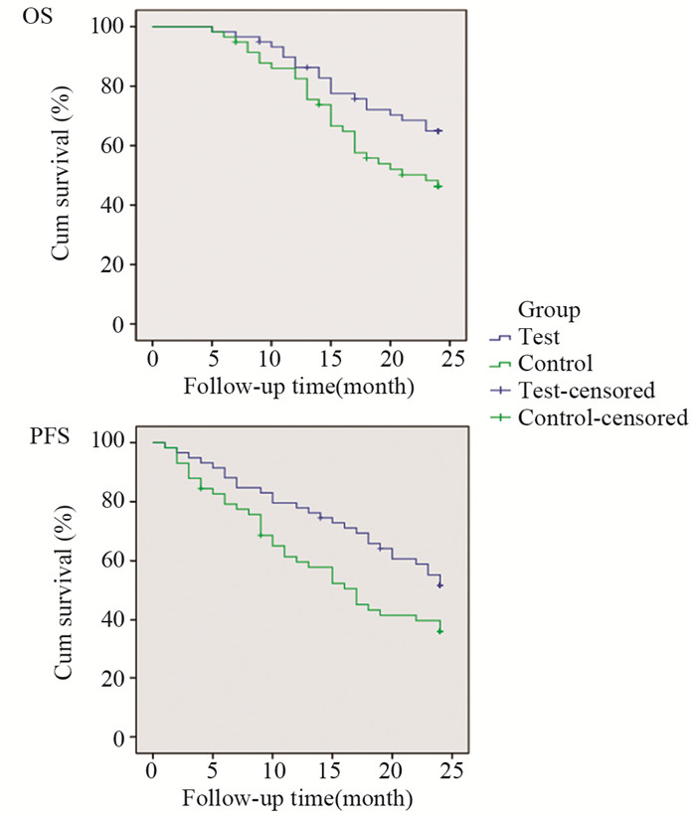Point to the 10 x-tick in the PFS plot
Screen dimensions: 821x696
tap(271, 772)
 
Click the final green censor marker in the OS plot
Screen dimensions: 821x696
tap(438, 186)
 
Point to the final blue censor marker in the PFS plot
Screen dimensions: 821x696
tap(439, 585)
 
